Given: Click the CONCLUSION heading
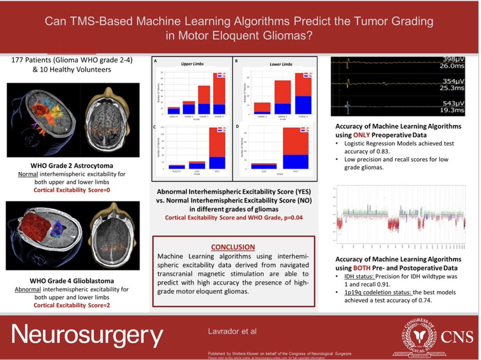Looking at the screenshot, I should point(233,247).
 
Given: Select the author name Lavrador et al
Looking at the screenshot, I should point(232,331).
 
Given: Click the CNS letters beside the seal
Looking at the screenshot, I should point(457,337).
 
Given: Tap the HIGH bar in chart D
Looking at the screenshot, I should point(295,148).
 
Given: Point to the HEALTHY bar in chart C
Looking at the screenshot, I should point(176,167).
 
